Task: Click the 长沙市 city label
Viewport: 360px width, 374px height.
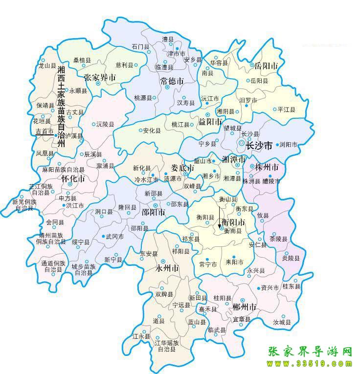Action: tap(259, 146)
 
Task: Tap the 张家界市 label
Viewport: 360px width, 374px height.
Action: tap(100, 77)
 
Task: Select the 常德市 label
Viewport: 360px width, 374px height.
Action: tap(172, 81)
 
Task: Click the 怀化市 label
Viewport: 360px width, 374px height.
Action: tap(73, 179)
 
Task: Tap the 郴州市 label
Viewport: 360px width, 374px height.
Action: tap(245, 307)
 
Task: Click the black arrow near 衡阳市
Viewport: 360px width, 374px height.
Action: tap(220, 217)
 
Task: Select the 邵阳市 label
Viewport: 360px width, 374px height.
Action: tap(153, 213)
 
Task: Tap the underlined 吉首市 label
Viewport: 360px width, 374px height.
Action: tap(45, 132)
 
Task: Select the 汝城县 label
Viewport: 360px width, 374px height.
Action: tap(282, 323)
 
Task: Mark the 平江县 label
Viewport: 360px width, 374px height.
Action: tap(286, 110)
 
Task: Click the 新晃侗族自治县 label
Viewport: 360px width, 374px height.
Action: tap(23, 205)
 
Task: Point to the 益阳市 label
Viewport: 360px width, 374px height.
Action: tap(210, 121)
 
